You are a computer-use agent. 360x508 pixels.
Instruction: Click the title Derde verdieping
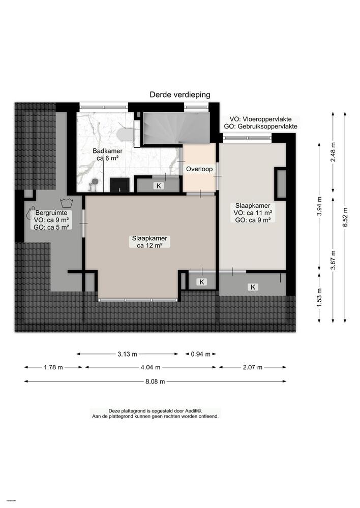click(179, 94)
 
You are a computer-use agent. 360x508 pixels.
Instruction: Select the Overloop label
click(199, 169)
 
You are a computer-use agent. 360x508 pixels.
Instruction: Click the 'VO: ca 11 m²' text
click(253, 213)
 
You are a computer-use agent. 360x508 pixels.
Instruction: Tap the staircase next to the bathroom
click(176, 128)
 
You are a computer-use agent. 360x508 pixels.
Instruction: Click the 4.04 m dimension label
click(150, 367)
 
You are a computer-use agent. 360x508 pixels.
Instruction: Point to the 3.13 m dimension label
click(127, 354)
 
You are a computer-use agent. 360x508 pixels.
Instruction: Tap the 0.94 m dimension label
click(200, 354)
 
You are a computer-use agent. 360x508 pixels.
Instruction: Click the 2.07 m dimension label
click(252, 367)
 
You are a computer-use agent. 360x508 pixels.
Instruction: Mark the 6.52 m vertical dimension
click(345, 210)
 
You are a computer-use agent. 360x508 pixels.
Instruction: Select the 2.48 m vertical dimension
click(333, 151)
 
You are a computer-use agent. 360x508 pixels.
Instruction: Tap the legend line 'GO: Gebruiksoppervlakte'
click(261, 126)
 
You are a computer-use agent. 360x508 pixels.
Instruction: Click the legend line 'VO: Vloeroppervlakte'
click(261, 118)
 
